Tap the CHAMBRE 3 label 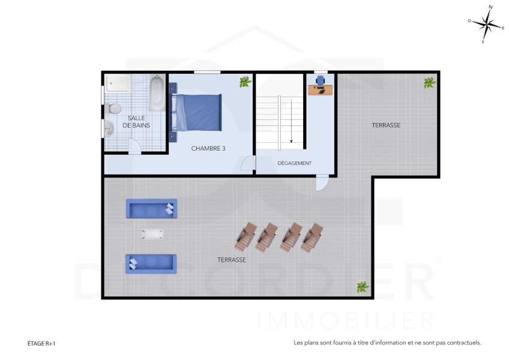coord(208,148)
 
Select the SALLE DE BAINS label coord(136,121)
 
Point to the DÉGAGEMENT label coord(294,163)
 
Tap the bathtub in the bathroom coord(156,94)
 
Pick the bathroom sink coord(109,128)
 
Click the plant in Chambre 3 coord(244,82)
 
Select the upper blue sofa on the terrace coord(151,209)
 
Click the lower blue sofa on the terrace coord(151,263)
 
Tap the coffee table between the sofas coord(152,234)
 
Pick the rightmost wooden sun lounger coord(312,238)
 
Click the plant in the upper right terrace coord(430,82)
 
